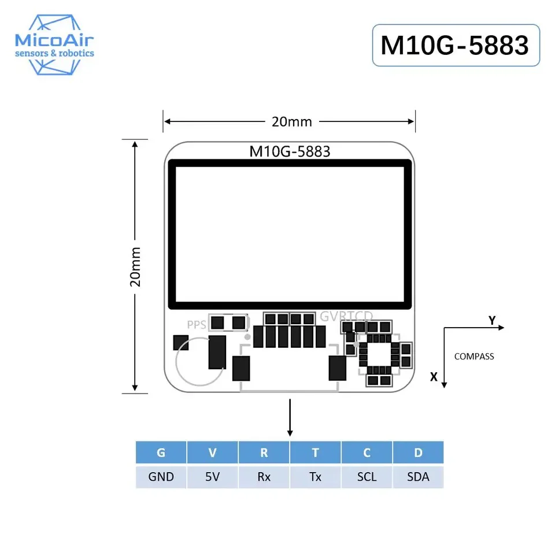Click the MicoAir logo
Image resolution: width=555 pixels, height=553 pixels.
(54, 45)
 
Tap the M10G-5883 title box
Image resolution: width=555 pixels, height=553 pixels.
(456, 45)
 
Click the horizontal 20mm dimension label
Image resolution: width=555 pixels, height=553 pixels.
(291, 122)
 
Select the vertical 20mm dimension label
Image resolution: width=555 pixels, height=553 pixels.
(135, 267)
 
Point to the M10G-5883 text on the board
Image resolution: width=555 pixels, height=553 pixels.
(290, 151)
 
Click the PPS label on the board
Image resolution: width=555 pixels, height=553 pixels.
(197, 324)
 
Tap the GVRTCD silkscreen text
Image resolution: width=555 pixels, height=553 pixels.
(346, 316)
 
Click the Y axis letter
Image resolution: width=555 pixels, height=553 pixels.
(492, 320)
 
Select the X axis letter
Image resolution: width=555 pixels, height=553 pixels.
(434, 377)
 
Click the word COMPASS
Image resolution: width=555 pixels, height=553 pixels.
(474, 357)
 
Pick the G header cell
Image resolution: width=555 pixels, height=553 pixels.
(161, 452)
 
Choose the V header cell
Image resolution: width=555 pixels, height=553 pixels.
(212, 452)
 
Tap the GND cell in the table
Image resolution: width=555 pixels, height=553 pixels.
(161, 477)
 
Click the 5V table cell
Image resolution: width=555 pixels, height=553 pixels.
(212, 477)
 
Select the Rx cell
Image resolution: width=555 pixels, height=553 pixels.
(264, 477)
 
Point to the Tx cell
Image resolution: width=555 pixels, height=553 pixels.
(316, 477)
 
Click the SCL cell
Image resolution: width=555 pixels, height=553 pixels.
(367, 477)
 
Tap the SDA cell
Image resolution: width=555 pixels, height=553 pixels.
(418, 477)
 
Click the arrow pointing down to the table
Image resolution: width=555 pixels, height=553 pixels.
(290, 417)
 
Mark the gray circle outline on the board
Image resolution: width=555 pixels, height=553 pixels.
(199, 361)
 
